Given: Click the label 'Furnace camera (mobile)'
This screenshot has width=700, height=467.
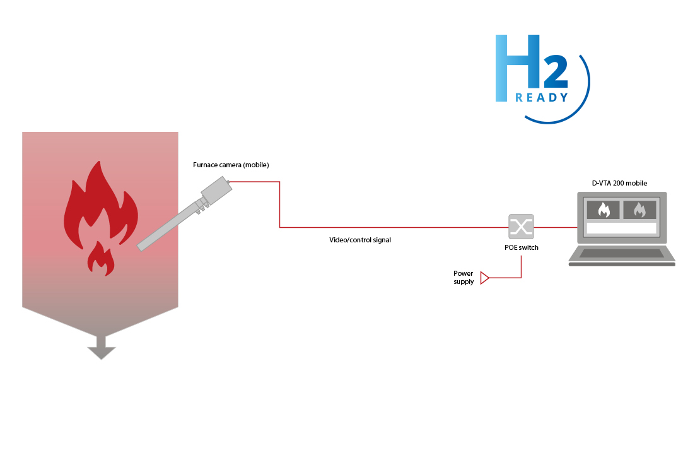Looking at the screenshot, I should [x=231, y=165].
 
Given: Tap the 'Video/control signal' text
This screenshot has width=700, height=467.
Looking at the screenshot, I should [x=360, y=240].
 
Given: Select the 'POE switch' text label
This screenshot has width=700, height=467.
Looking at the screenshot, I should [x=522, y=248].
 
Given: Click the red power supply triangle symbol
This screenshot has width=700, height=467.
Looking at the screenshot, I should [x=484, y=278].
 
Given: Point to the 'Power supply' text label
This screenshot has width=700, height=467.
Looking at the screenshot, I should [x=464, y=278].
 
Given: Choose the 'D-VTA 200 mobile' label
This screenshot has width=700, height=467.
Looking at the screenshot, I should [x=619, y=184].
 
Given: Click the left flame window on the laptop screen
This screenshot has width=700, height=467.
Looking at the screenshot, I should [x=604, y=210].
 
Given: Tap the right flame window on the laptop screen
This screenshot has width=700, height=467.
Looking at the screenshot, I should [x=639, y=210].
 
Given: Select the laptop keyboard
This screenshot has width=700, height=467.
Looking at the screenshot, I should [x=622, y=253].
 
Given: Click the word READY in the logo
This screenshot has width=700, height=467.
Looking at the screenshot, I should [x=542, y=98].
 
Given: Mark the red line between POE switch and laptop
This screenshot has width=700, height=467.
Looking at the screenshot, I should [x=556, y=227].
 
